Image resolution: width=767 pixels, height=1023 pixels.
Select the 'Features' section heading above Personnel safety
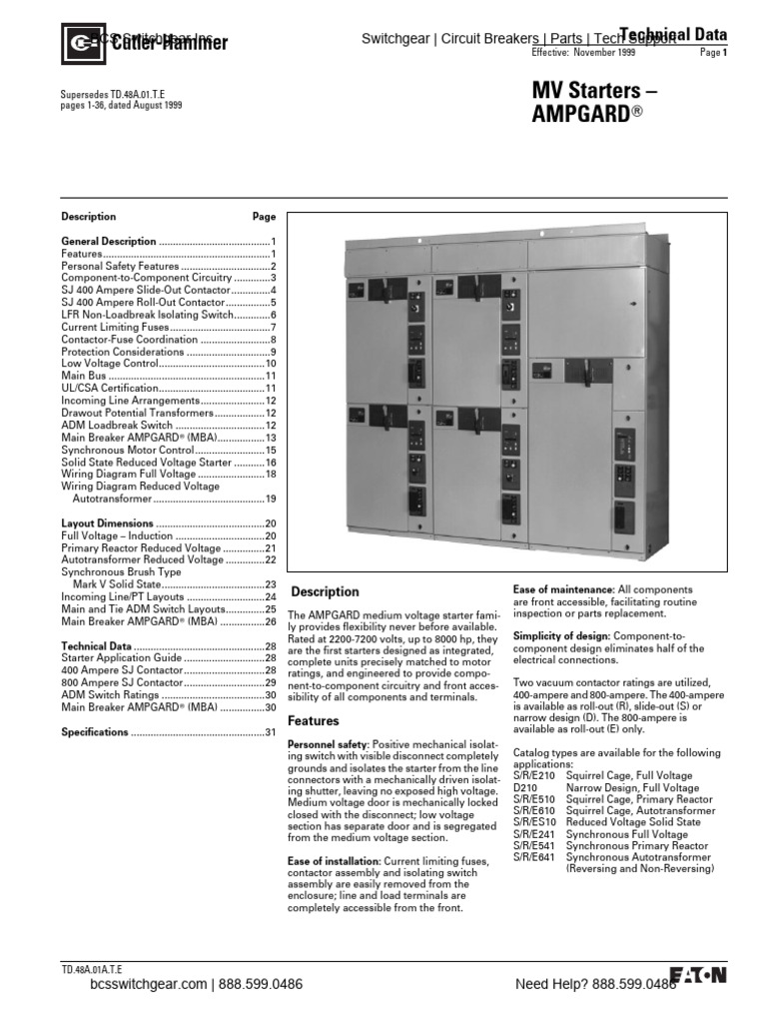click(314, 720)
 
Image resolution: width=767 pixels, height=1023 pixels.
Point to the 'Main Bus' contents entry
click(85, 376)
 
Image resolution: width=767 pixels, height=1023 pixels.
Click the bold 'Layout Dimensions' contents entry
click(108, 523)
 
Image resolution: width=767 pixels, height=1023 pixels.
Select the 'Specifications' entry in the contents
click(95, 731)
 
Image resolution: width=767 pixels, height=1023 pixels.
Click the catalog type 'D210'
click(524, 788)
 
